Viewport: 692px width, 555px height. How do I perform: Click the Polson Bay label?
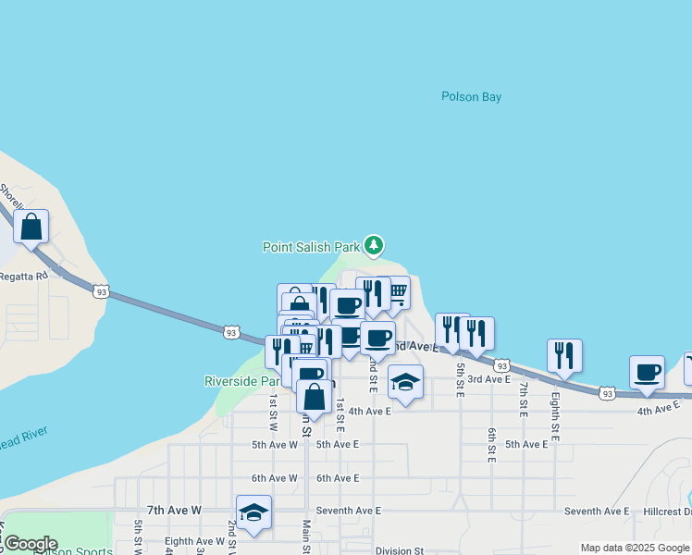pyautogui.click(x=471, y=96)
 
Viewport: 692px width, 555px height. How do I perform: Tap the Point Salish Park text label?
pyautogui.click(x=310, y=247)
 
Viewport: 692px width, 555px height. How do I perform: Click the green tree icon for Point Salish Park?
pyautogui.click(x=373, y=245)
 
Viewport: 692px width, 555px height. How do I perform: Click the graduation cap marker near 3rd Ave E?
pyautogui.click(x=405, y=382)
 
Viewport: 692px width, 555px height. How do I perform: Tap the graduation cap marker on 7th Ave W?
pyautogui.click(x=253, y=512)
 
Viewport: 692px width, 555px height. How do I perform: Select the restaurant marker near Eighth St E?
pyautogui.click(x=564, y=356)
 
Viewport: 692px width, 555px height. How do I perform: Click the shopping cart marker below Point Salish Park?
pyautogui.click(x=397, y=293)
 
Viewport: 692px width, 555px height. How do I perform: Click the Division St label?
pyautogui.click(x=400, y=550)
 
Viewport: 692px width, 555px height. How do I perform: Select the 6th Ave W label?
pyautogui.click(x=274, y=478)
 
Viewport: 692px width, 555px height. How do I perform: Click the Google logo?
pyautogui.click(x=31, y=544)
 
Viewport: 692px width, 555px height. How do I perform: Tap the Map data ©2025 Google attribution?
pyautogui.click(x=634, y=548)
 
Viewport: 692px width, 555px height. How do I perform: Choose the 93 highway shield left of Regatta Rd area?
pyautogui.click(x=101, y=291)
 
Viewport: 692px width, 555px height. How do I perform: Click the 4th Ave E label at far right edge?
pyautogui.click(x=658, y=408)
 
